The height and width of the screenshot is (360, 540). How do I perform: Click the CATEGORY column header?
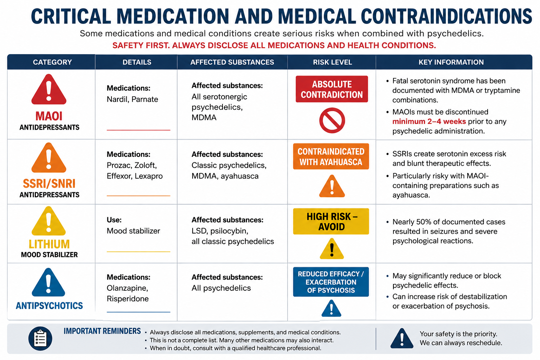[52, 62]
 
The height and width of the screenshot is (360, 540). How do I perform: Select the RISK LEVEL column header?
[333, 62]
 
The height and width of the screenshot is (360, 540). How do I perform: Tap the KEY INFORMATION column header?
[451, 62]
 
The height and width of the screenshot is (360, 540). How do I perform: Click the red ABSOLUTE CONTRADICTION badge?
[332, 89]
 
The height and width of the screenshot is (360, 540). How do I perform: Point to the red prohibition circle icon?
[332, 120]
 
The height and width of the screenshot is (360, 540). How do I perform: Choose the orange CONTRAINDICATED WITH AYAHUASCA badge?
[331, 156]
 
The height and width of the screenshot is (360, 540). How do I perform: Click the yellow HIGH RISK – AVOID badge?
[331, 221]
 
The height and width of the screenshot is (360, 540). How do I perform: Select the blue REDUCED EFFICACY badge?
[331, 282]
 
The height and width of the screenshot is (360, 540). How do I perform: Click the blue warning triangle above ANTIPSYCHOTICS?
[49, 283]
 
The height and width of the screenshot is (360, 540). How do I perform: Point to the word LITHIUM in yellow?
[49, 244]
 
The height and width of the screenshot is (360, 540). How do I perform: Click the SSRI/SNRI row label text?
[49, 184]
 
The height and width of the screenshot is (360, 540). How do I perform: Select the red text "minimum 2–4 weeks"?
[429, 121]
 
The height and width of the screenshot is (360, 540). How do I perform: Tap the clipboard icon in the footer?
[40, 339]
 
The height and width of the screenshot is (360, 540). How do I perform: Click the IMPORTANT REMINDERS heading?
[102, 331]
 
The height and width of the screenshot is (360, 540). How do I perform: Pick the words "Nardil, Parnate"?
[132, 99]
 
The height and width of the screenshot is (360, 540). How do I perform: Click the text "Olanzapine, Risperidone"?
[128, 293]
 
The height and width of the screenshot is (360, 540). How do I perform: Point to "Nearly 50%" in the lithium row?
[411, 221]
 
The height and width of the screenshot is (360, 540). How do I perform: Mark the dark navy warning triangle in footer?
[402, 339]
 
